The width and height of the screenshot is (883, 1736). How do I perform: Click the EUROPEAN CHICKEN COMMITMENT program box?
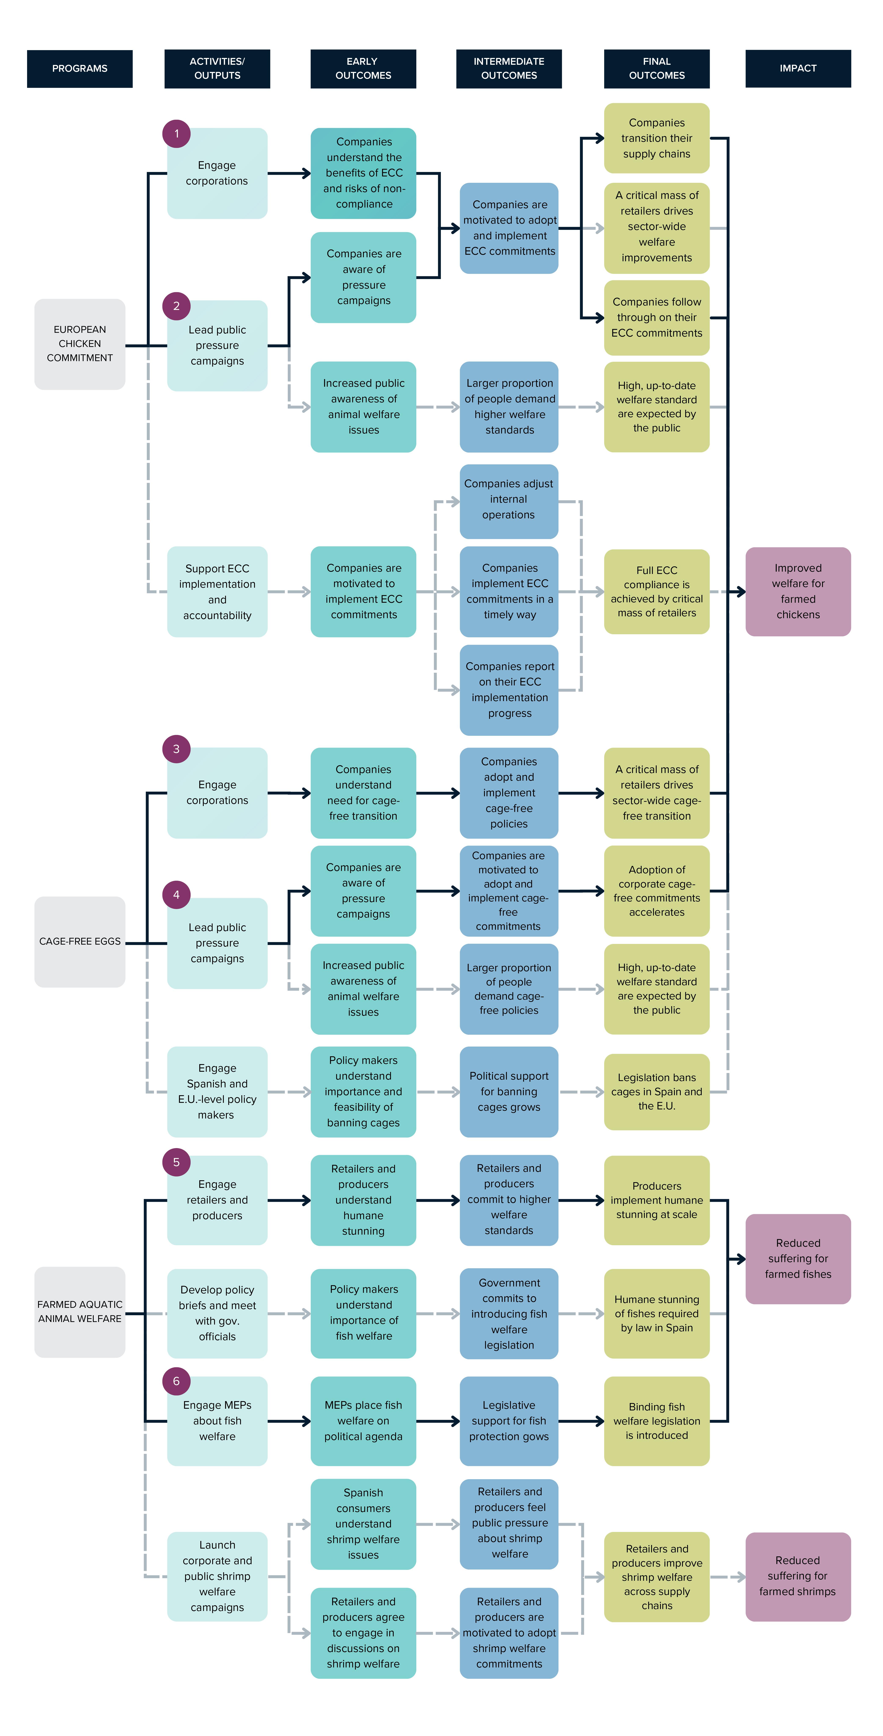[80, 344]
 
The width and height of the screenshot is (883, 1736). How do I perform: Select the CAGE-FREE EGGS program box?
[80, 941]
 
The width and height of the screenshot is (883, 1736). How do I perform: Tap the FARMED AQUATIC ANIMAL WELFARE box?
[80, 1311]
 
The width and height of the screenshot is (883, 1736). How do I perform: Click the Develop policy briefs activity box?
[217, 1313]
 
